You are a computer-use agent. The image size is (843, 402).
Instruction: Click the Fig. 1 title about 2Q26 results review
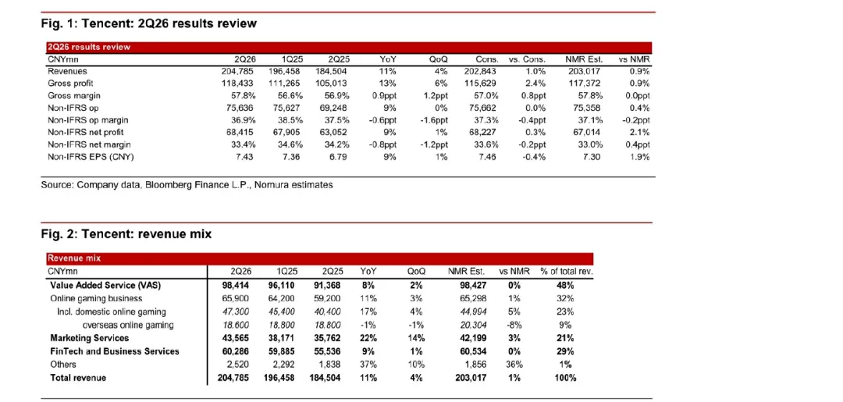coord(149,23)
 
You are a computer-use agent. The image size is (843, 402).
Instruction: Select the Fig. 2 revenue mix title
coord(126,234)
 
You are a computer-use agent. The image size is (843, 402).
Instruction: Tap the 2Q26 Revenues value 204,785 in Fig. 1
coord(238,71)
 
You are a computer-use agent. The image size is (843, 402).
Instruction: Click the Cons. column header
coord(487,59)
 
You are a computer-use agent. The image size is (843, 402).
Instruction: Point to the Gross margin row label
coord(71,96)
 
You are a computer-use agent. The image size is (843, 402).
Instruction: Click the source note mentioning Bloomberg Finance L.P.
coord(187,185)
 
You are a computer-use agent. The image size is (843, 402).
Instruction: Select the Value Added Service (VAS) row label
coord(98,286)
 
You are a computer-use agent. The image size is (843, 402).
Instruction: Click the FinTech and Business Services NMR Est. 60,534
coord(475,351)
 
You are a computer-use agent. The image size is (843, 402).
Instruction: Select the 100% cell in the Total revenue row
coord(566,378)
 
